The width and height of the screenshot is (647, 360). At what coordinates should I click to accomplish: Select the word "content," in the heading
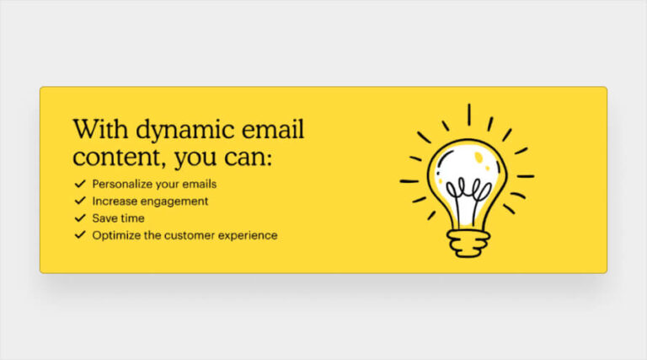tap(110, 158)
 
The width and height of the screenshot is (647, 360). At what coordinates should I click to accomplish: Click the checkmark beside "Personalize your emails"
tap(80, 183)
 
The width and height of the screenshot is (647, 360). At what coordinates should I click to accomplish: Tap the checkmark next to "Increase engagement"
tap(80, 201)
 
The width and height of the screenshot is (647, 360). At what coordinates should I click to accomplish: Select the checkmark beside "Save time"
tap(80, 218)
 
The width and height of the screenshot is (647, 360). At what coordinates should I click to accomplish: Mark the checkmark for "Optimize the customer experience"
tap(80, 235)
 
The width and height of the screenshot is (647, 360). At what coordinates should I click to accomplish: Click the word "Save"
tap(104, 218)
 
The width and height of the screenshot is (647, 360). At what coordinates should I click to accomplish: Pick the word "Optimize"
tap(115, 235)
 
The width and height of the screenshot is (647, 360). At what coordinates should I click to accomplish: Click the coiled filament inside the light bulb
tap(468, 189)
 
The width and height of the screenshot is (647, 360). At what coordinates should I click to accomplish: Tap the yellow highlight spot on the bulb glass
tap(478, 158)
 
